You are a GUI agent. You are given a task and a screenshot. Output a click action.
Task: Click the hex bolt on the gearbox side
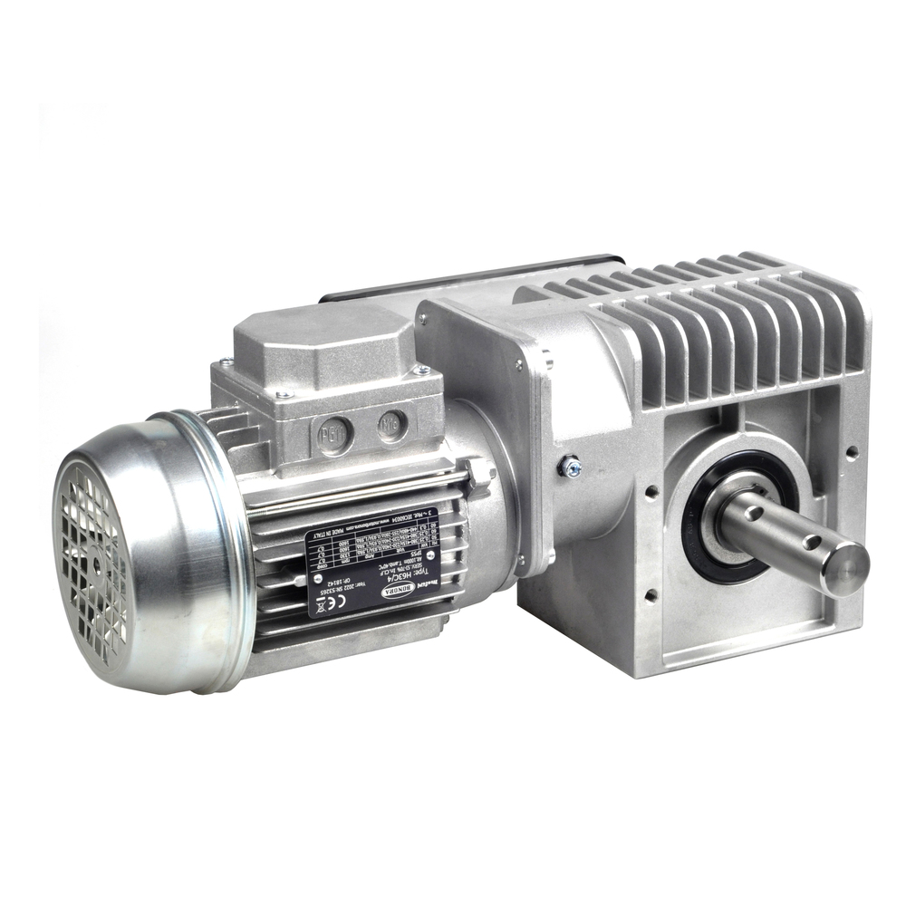569,467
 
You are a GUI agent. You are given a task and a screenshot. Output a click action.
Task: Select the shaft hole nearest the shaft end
810,543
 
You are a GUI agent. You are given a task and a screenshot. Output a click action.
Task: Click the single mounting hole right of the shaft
852,450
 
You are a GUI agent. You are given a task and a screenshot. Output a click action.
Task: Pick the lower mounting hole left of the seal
651,595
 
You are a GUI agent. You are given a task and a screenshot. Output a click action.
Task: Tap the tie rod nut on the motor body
477,472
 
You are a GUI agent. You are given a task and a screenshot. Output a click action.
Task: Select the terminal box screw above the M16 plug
420,370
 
